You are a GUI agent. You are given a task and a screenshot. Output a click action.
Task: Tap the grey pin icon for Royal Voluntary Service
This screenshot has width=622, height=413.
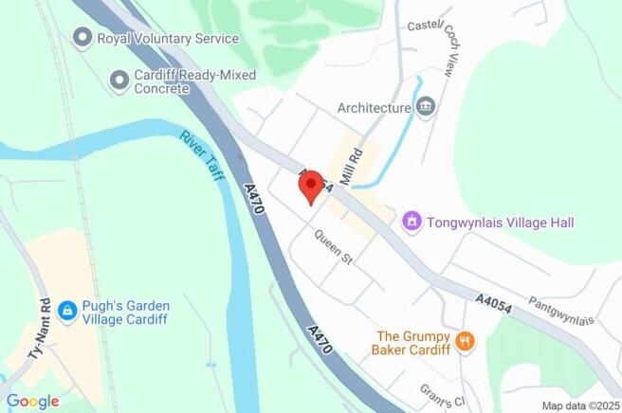[82, 38]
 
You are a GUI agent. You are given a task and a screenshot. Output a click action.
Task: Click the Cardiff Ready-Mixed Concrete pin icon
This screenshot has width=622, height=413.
[119, 81]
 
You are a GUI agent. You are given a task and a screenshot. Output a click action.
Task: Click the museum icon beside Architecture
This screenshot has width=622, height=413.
[426, 107]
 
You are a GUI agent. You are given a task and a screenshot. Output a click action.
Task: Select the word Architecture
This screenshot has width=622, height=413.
[375, 108]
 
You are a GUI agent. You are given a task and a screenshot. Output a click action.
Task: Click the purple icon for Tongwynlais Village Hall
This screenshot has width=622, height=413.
[412, 222]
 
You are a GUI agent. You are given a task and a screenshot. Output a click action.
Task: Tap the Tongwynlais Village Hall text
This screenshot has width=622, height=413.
[501, 223]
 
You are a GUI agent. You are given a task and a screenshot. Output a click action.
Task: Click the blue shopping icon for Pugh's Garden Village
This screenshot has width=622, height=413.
[66, 311]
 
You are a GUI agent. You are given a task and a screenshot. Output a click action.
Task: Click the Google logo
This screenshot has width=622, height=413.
[31, 401]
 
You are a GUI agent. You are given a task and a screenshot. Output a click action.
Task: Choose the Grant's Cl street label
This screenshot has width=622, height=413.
[438, 392]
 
